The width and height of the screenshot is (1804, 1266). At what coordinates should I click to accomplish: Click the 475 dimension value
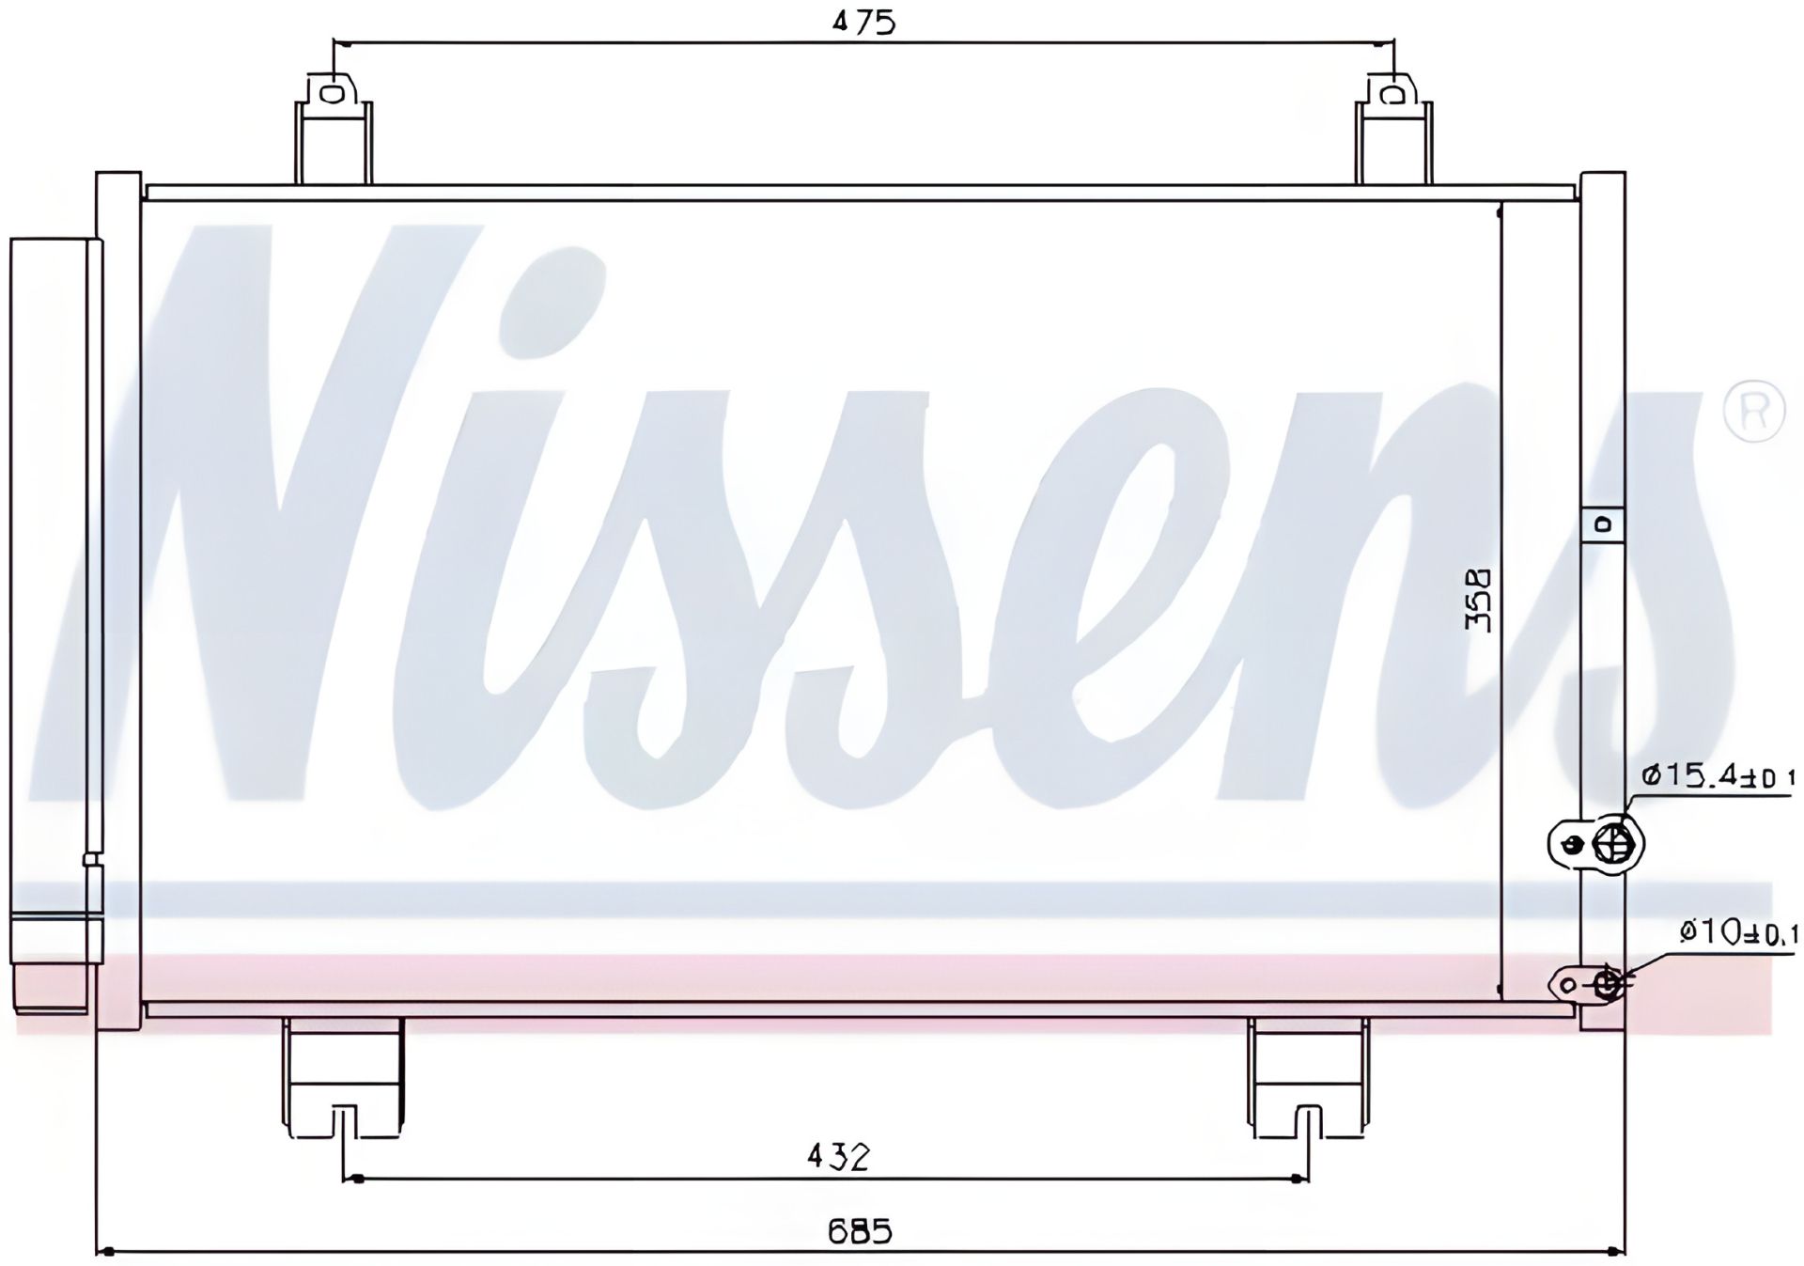pyautogui.click(x=864, y=22)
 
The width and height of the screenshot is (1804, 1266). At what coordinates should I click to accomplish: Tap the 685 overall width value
pyautogui.click(x=860, y=1230)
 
